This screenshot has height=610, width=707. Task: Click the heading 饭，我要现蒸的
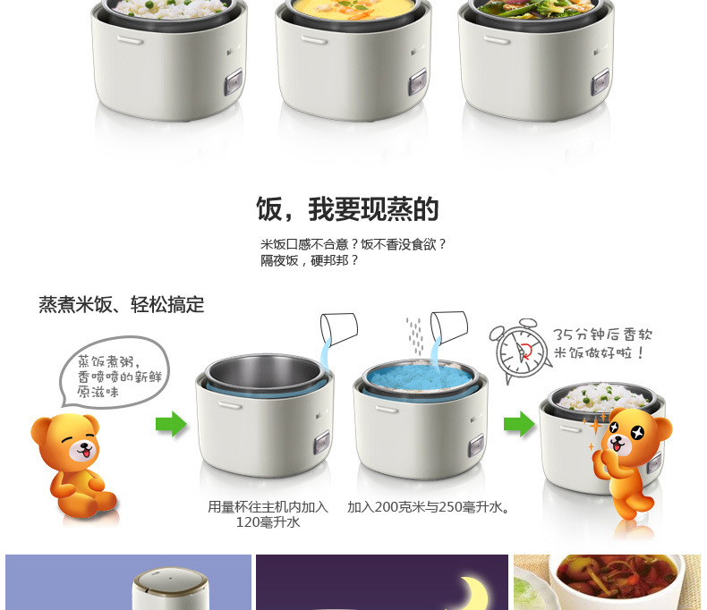(347, 209)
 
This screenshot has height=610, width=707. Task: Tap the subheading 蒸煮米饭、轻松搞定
(121, 305)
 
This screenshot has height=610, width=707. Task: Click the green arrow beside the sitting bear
(171, 423)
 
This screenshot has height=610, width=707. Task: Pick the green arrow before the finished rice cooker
(519, 423)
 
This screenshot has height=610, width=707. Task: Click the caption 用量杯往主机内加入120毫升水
(268, 514)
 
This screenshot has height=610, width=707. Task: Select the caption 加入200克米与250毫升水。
(429, 507)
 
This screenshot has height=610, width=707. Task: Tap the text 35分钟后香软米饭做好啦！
(603, 343)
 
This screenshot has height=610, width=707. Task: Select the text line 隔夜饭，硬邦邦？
(310, 260)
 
